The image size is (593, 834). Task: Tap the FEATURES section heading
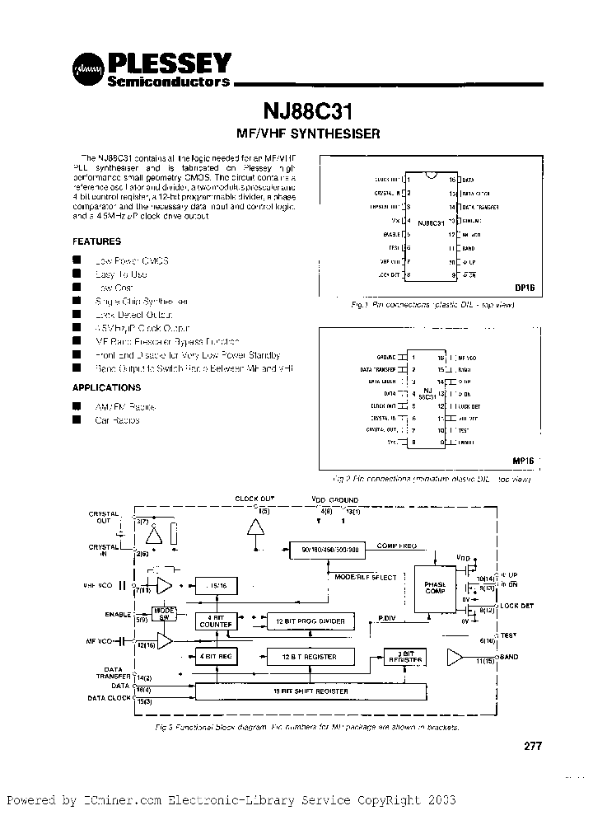96,242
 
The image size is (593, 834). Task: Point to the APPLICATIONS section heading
106,387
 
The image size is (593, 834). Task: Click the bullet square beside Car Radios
77,420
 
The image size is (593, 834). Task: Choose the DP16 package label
524,289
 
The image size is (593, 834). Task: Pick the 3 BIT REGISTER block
404,657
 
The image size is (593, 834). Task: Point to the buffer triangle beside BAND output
454,656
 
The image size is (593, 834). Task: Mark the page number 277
533,747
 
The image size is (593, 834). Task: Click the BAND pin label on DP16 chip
469,247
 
